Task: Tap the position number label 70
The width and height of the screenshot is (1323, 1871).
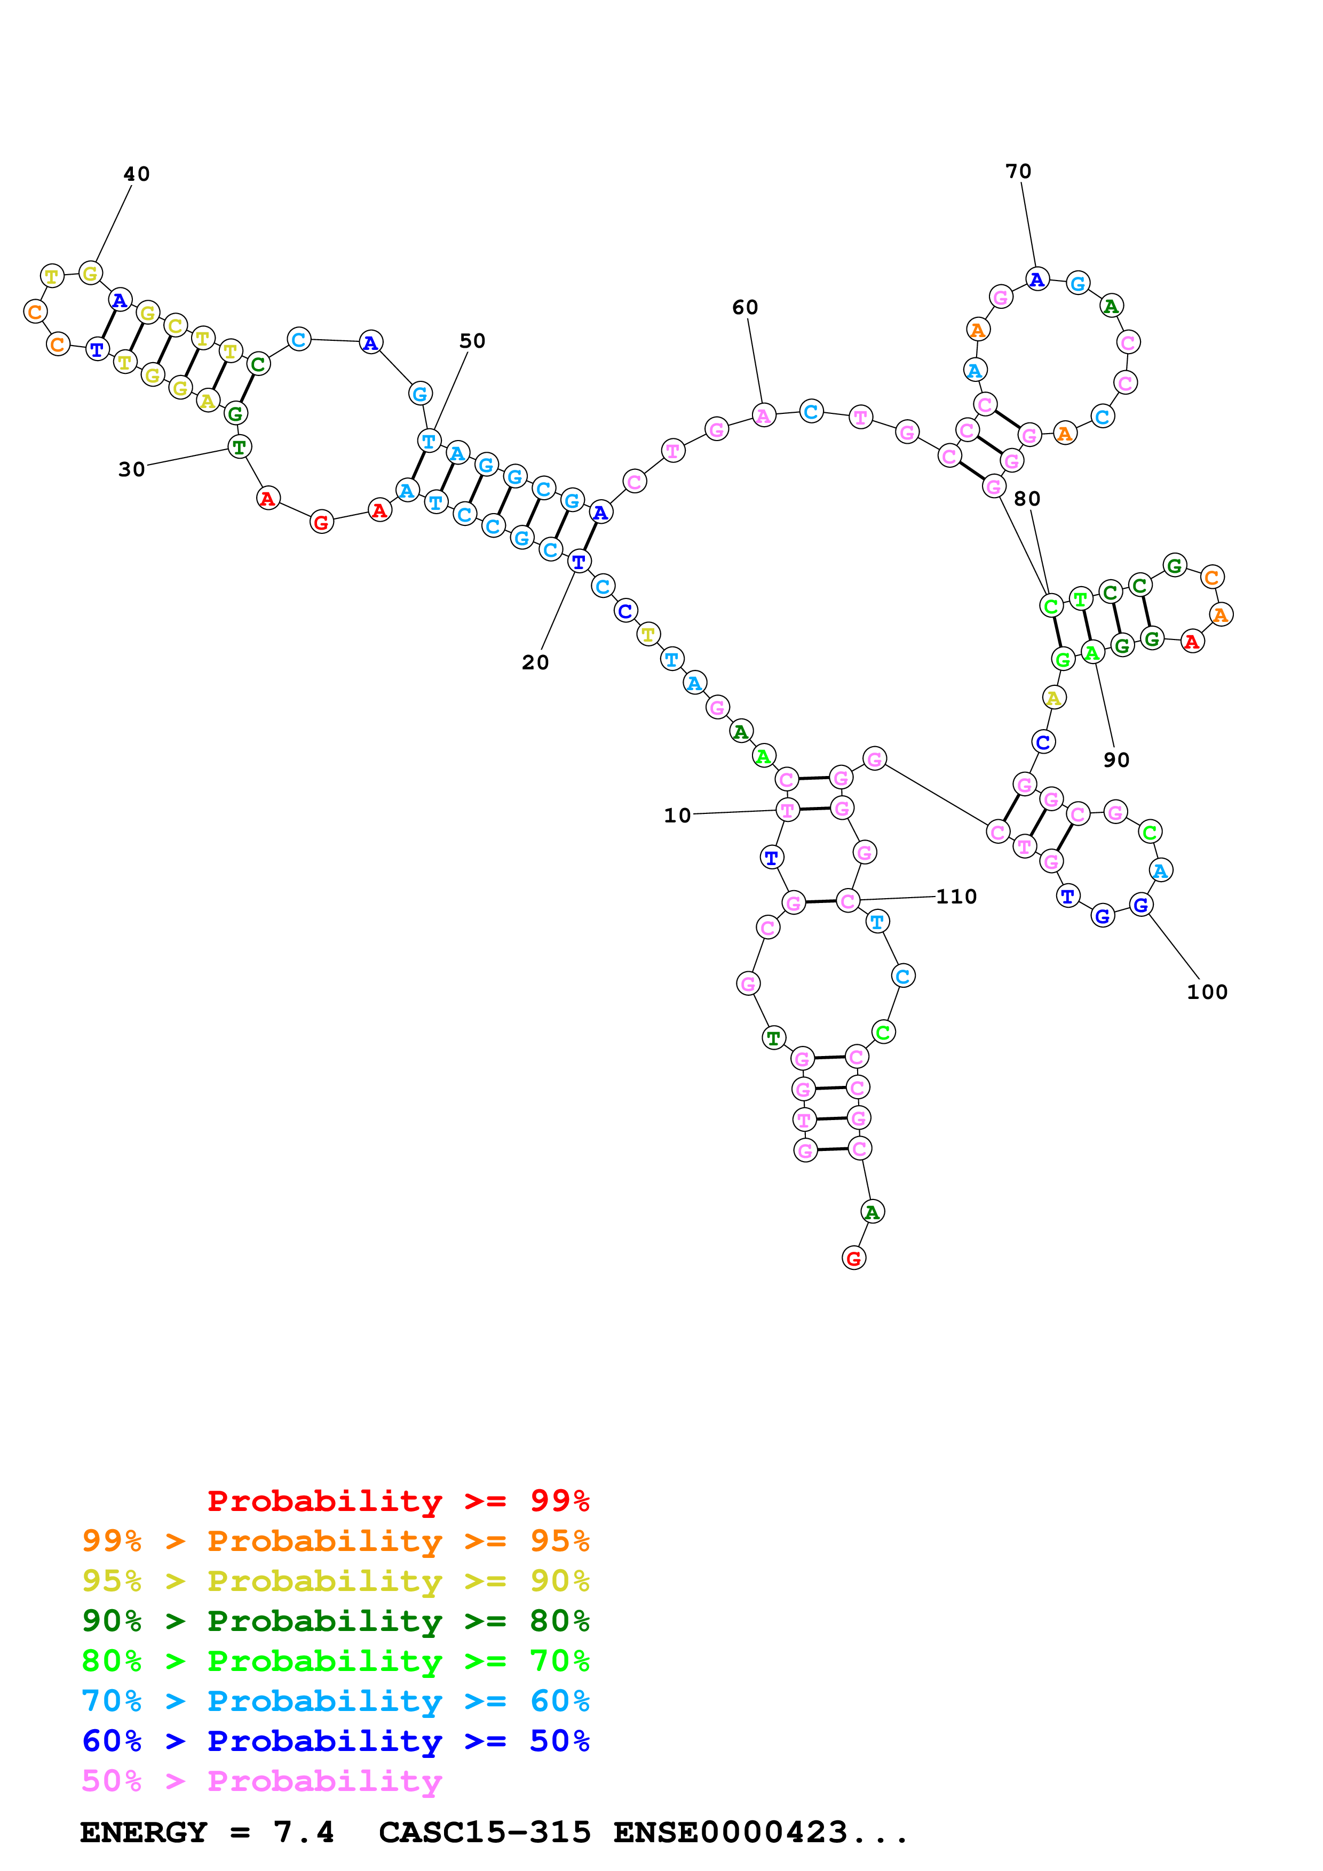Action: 1018,171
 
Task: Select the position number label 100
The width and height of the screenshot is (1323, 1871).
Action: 1207,992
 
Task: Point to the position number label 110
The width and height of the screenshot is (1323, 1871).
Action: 956,897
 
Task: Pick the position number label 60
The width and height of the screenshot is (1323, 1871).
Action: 745,307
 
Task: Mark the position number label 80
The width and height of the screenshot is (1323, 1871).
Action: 1027,499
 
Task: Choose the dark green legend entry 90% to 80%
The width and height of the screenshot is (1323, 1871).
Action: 335,1621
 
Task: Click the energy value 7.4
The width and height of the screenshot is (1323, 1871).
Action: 303,1833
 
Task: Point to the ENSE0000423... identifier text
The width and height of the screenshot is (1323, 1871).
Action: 760,1833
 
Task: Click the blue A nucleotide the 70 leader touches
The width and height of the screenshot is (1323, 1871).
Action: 1037,279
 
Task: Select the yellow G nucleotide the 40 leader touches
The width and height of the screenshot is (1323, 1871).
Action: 91,274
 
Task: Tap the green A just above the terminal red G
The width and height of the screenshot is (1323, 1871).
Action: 872,1212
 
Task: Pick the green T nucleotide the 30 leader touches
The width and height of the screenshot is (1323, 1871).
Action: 239,446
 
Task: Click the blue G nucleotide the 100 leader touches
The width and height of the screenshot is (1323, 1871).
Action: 1141,905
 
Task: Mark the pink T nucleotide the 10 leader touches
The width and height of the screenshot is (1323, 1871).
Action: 787,810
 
